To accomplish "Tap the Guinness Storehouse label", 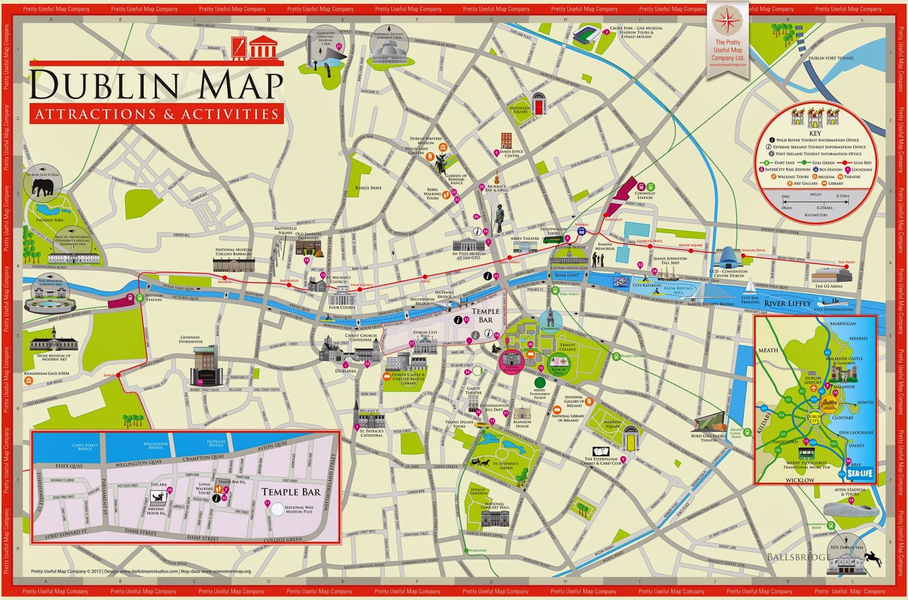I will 191,339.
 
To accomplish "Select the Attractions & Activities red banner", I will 156,114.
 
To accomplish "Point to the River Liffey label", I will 788,304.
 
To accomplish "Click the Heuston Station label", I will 154,297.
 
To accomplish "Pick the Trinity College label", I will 567,347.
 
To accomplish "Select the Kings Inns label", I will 368,188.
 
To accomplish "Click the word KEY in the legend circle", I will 815,133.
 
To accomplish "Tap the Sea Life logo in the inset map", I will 860,473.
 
